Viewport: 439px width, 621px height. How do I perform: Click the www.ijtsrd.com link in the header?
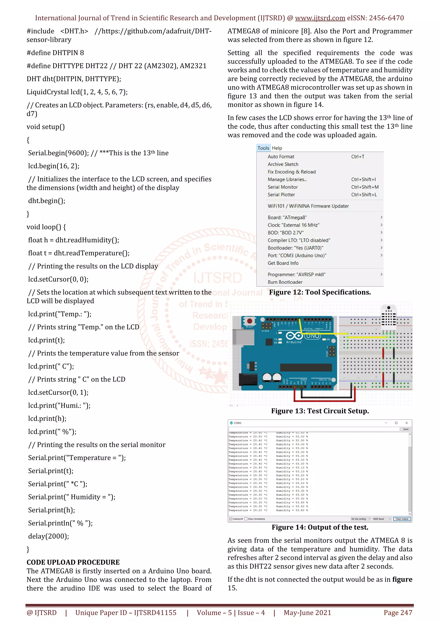(320, 18)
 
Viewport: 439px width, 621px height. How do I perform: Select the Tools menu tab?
(263, 148)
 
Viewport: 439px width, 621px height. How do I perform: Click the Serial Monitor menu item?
(283, 187)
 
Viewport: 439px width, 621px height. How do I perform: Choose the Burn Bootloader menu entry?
(285, 282)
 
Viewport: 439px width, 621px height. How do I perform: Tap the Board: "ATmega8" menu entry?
(287, 217)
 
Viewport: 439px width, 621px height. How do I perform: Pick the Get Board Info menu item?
(283, 263)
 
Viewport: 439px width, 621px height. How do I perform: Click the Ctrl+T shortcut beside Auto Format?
(358, 157)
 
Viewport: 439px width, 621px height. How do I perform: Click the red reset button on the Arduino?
(249, 321)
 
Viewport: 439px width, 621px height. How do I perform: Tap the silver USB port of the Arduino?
(243, 337)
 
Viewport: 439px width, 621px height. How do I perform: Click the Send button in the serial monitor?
(406, 429)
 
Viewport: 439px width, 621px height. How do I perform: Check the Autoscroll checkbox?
(231, 519)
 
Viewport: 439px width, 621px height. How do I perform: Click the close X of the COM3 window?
(406, 423)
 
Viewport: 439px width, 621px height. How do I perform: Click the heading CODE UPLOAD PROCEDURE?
(73, 562)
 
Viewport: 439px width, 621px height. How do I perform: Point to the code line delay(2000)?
(49, 536)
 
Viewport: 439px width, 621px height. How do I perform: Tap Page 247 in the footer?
(398, 613)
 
